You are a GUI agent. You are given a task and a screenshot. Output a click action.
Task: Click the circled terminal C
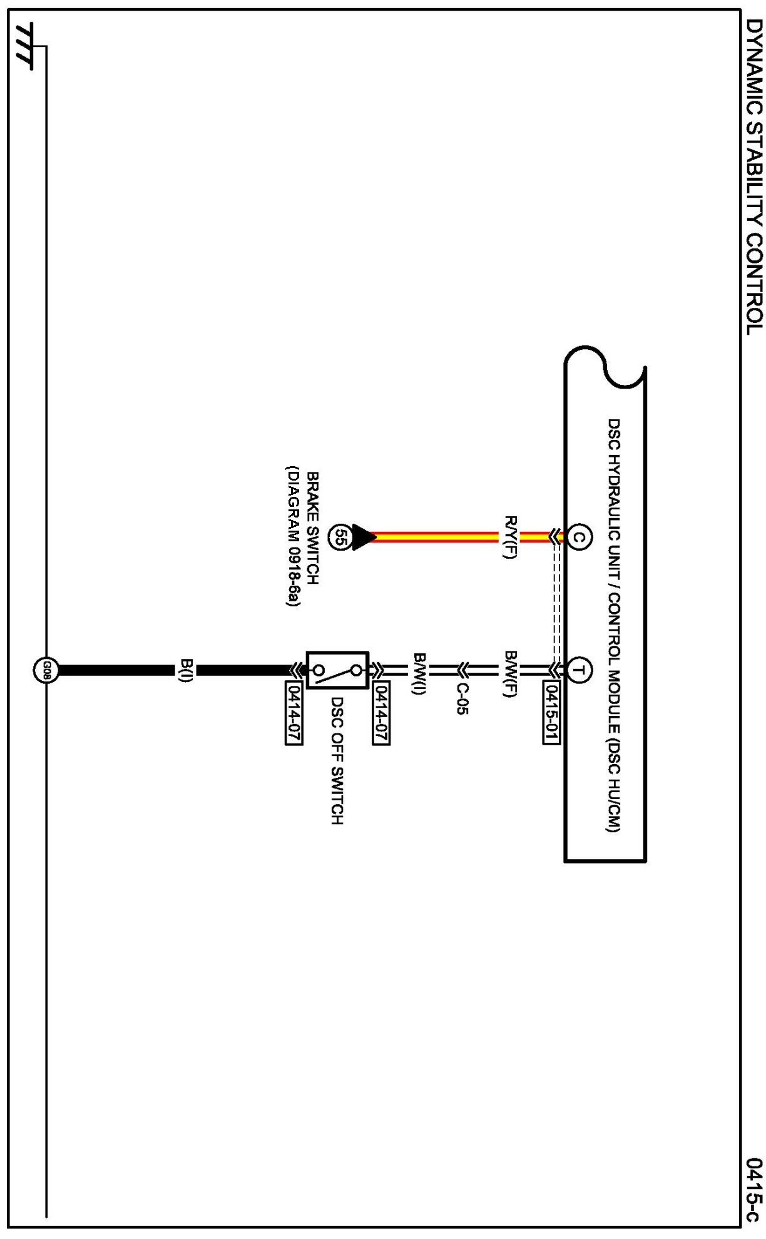(580, 537)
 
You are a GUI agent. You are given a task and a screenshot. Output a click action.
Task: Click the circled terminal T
(580, 671)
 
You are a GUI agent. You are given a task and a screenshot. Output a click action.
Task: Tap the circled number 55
(340, 537)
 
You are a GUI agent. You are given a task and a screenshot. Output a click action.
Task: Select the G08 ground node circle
(46, 671)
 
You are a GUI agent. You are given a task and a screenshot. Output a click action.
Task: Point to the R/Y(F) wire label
(511, 537)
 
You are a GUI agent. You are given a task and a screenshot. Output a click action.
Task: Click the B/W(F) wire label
(511, 673)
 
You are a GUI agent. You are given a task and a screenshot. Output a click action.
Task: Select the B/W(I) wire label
(419, 673)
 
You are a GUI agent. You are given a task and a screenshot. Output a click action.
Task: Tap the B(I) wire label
(186, 671)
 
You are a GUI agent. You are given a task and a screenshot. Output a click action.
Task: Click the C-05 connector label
(462, 698)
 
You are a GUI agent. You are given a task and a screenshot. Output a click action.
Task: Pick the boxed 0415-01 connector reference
(551, 712)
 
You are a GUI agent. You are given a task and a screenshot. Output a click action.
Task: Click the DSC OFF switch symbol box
(337, 670)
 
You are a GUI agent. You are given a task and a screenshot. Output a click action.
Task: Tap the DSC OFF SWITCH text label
(337, 761)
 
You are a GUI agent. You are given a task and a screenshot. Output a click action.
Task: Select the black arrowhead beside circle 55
(364, 537)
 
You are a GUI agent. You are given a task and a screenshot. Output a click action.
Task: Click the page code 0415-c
(754, 1190)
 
